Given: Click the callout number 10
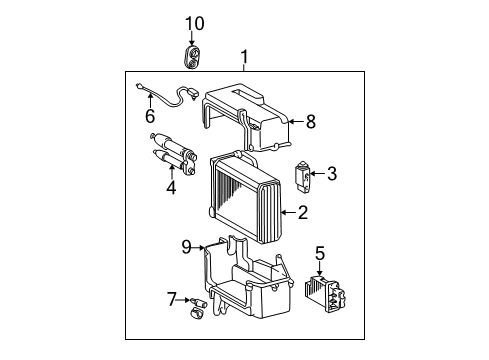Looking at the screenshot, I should pyautogui.click(x=194, y=23).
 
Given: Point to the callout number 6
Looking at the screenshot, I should pyautogui.click(x=150, y=117).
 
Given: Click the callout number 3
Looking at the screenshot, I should pyautogui.click(x=331, y=175).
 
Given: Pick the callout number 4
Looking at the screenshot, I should pyautogui.click(x=171, y=186).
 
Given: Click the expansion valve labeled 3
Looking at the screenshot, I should pyautogui.click(x=303, y=175).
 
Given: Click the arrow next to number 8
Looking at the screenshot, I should pyautogui.click(x=296, y=123).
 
